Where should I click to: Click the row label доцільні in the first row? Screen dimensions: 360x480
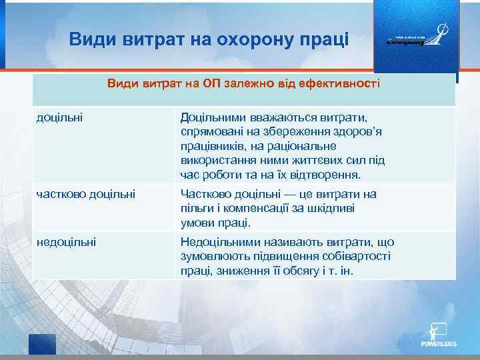click(58, 117)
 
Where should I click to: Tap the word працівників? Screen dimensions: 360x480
click(216, 146)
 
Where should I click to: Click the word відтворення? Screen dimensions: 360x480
click(327, 175)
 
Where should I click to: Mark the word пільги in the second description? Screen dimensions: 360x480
click(197, 209)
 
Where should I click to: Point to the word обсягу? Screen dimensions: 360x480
click(311, 271)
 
